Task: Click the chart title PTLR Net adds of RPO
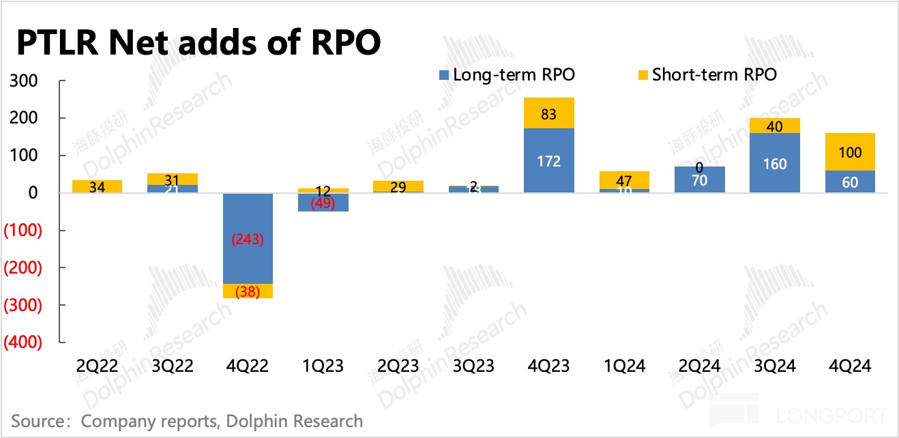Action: pyautogui.click(x=198, y=42)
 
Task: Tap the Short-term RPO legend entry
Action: pyautogui.click(x=707, y=75)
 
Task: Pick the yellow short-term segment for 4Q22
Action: pyautogui.click(x=249, y=291)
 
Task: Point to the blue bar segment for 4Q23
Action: pyautogui.click(x=549, y=161)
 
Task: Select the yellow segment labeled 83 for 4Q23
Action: pyautogui.click(x=549, y=113)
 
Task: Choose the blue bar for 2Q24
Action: pyautogui.click(x=700, y=180)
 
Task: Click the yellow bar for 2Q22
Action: pyautogui.click(x=97, y=186)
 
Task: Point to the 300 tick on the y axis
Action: pyautogui.click(x=25, y=81)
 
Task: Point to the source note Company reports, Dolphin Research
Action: pyautogui.click(x=222, y=421)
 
